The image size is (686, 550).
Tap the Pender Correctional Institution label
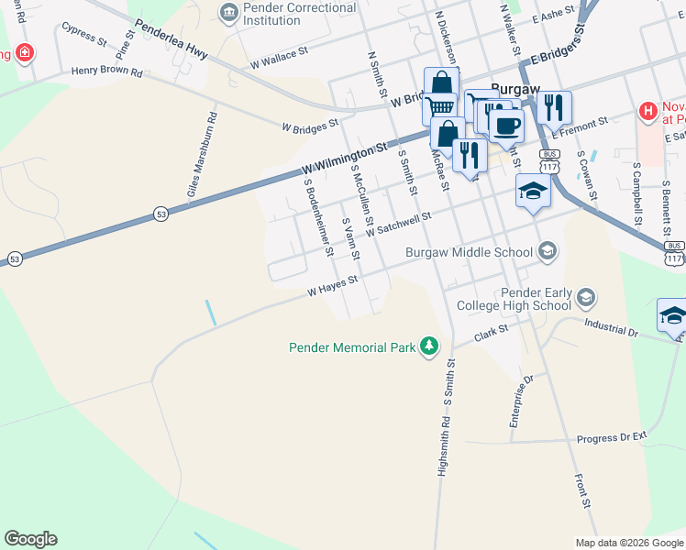(x=286, y=14)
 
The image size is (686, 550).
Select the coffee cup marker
(x=505, y=125)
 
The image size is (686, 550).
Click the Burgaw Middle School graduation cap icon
(x=548, y=251)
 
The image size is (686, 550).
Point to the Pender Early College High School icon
(x=585, y=299)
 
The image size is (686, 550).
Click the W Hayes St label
(x=331, y=290)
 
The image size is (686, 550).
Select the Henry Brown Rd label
(x=107, y=71)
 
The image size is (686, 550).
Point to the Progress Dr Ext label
(x=612, y=437)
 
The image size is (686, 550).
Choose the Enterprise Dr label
(x=521, y=401)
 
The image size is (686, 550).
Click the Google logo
(x=30, y=539)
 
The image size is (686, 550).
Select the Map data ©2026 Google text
(x=629, y=543)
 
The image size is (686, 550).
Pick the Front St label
(x=581, y=490)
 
